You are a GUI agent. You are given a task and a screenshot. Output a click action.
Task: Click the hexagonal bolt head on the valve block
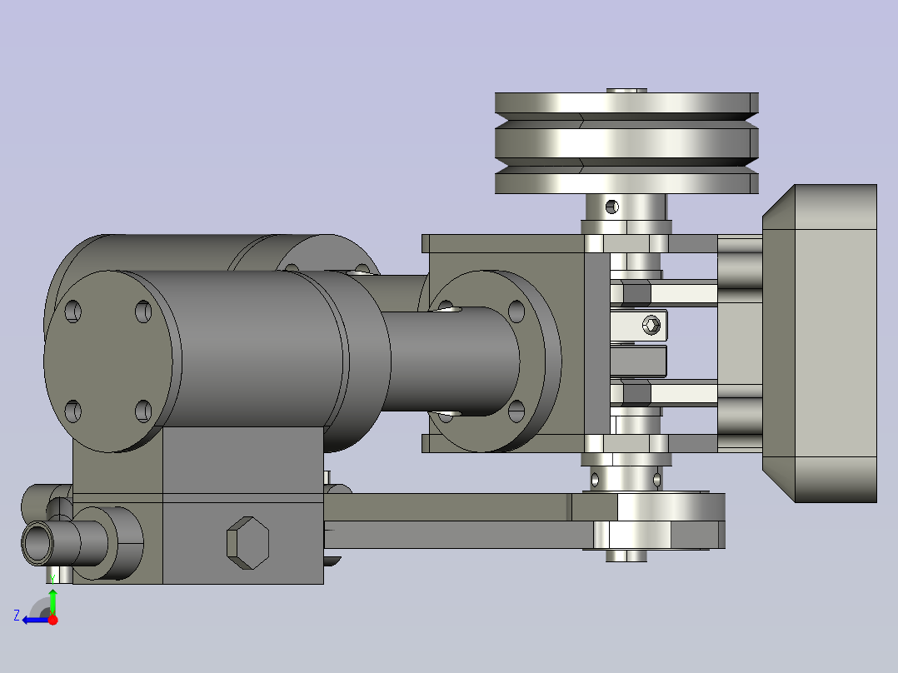[247, 542]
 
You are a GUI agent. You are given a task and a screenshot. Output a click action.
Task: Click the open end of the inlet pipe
[37, 542]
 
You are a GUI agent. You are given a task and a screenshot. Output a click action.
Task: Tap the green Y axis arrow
[52, 601]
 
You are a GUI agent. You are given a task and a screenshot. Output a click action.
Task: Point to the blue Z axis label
[17, 616]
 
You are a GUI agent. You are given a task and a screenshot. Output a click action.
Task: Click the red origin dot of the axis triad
[52, 620]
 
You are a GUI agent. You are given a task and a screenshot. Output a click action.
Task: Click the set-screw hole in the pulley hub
[611, 207]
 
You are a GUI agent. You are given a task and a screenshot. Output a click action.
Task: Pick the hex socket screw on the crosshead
[651, 326]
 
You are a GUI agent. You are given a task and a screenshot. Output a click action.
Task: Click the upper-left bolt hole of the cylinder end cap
[72, 312]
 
